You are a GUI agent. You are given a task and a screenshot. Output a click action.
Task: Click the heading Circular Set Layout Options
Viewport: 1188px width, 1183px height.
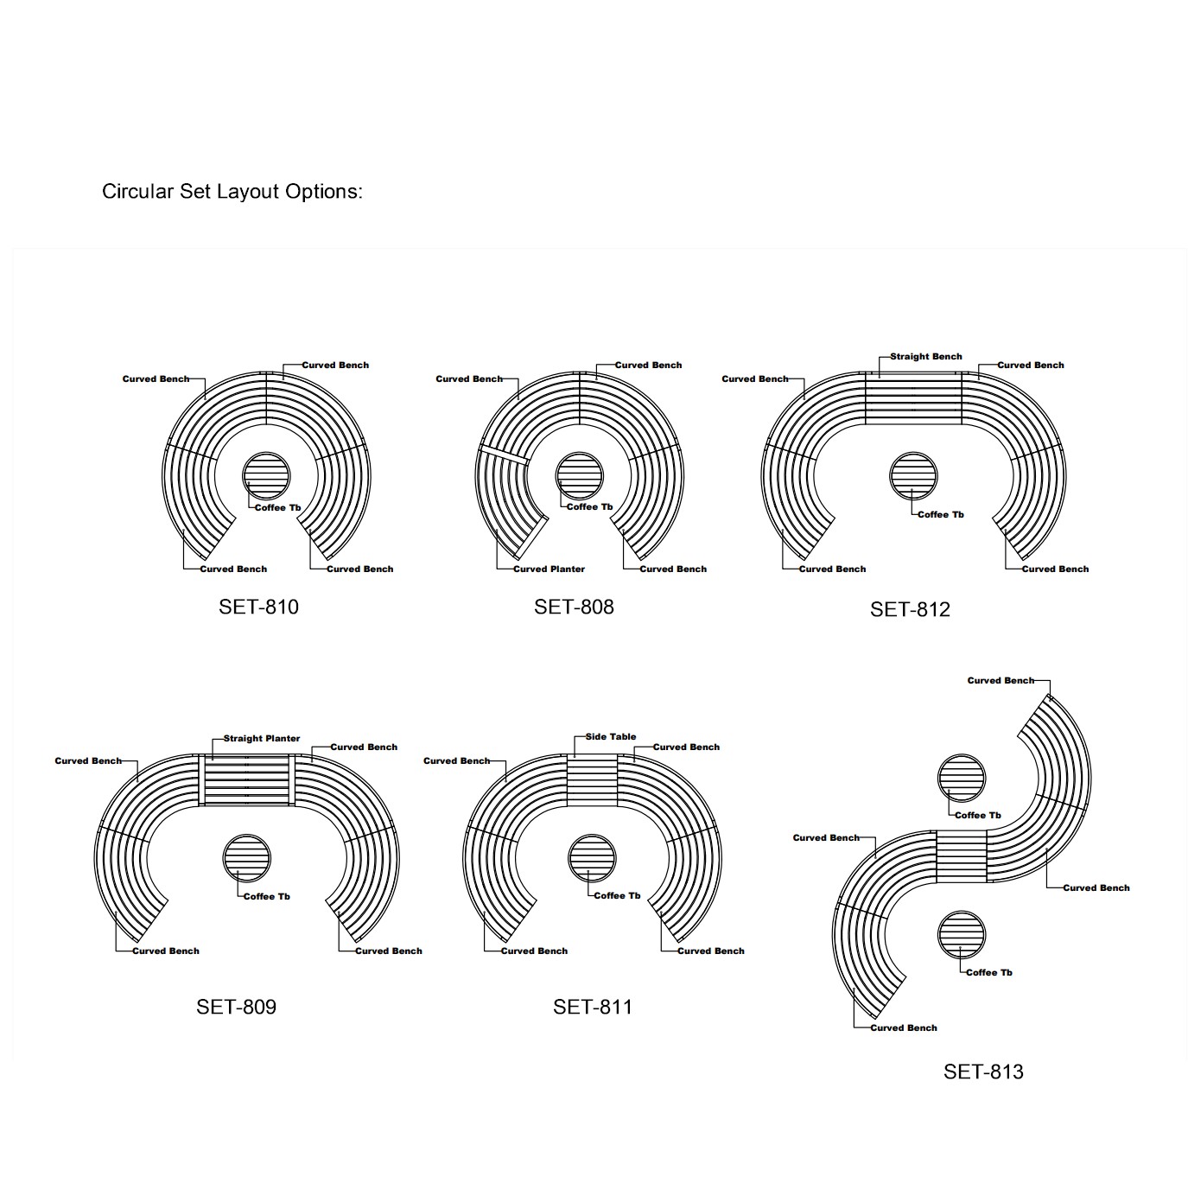(232, 192)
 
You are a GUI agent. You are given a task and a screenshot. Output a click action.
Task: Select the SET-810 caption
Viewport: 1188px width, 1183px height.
(258, 607)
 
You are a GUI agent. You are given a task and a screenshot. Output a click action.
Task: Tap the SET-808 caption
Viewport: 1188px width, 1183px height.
(574, 607)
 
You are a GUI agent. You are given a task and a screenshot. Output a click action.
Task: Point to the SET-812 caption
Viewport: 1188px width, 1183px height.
(910, 609)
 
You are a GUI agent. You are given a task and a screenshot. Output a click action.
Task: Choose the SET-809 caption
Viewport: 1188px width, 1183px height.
(236, 1007)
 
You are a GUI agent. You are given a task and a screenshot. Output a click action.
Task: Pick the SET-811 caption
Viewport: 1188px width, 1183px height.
(593, 1007)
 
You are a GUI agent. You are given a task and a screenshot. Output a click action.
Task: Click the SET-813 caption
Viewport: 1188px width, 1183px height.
(983, 1072)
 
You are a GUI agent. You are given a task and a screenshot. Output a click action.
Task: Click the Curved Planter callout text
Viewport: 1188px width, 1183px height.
(549, 569)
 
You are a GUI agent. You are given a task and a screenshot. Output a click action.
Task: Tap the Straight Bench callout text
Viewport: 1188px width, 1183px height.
(926, 357)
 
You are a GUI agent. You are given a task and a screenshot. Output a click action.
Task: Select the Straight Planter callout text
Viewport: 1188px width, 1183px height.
(262, 738)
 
